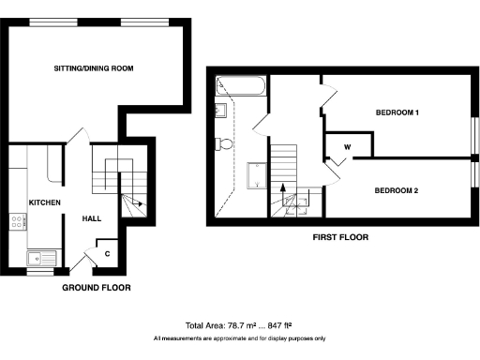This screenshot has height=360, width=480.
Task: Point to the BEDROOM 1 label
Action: (x=397, y=113)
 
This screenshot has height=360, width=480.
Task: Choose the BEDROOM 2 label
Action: (x=396, y=190)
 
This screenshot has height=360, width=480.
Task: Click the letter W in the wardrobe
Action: (x=347, y=147)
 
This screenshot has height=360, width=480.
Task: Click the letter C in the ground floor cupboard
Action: (x=108, y=253)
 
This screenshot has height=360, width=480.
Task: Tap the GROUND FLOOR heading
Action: (x=97, y=287)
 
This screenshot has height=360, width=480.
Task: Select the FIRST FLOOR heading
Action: (x=340, y=238)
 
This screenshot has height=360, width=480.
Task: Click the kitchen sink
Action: (x=42, y=256)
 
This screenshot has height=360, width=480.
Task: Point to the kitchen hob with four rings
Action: (x=17, y=222)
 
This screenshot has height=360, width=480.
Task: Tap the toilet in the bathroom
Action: (x=224, y=143)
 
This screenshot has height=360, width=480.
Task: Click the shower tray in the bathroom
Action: (x=254, y=175)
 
